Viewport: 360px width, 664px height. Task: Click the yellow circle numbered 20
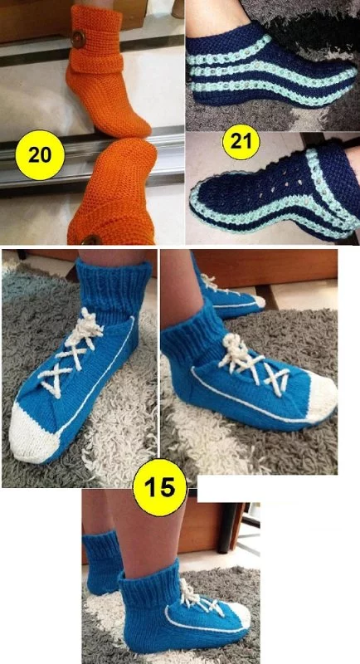(x=40, y=155)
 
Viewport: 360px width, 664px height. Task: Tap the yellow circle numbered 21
(x=241, y=141)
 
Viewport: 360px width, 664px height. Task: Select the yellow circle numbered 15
(x=160, y=488)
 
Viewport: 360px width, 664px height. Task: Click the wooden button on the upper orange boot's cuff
(x=78, y=39)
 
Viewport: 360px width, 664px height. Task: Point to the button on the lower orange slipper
(x=91, y=241)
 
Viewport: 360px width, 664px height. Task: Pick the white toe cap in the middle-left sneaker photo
(x=32, y=432)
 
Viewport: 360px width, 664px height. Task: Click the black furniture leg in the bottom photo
(x=229, y=526)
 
